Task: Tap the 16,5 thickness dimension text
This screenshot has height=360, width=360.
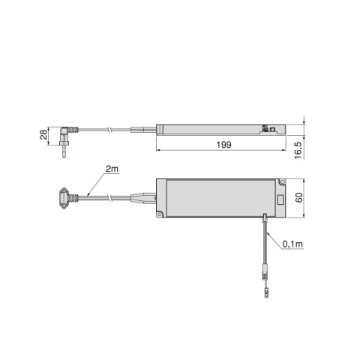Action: coord(298,146)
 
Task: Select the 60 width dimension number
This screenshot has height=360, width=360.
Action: coord(298,199)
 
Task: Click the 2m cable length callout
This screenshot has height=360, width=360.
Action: coord(112,171)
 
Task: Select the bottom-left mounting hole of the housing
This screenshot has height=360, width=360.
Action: coord(161,214)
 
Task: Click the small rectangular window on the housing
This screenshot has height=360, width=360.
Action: coord(280,200)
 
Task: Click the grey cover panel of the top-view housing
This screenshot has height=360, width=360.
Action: coord(221,199)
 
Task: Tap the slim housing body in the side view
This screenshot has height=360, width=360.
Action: coord(217,127)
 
